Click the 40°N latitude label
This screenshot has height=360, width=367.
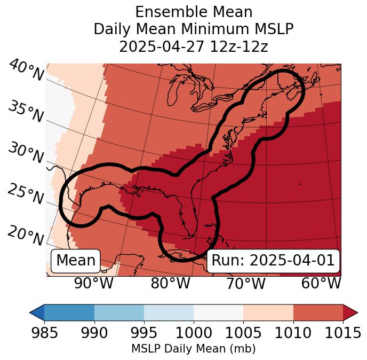(26, 71)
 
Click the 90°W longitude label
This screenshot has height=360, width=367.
(94, 283)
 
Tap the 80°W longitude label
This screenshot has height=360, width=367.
(170, 283)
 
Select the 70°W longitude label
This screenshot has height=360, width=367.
(245, 283)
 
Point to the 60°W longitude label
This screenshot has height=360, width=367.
(321, 283)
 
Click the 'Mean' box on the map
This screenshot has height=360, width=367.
(76, 261)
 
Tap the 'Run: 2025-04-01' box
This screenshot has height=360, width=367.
(273, 261)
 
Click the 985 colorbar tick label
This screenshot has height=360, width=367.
(44, 333)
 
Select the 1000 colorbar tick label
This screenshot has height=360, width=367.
(194, 333)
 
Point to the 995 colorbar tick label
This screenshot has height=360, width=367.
(143, 333)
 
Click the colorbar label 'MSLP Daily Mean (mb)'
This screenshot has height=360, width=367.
(194, 349)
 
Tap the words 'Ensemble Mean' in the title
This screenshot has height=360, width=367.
(194, 12)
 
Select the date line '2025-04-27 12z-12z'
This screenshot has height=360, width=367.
(194, 46)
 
